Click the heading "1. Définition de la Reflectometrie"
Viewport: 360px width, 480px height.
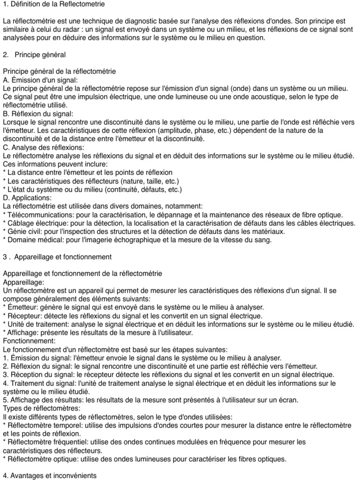tap(54, 4)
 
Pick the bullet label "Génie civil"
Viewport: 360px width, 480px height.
tap(23, 232)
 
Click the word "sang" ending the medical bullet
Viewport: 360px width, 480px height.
tap(264, 240)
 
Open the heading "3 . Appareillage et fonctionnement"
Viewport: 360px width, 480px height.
tap(57, 257)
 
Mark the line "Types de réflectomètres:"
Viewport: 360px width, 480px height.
tap(41, 409)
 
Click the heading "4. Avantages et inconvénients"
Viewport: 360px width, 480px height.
tap(50, 476)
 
